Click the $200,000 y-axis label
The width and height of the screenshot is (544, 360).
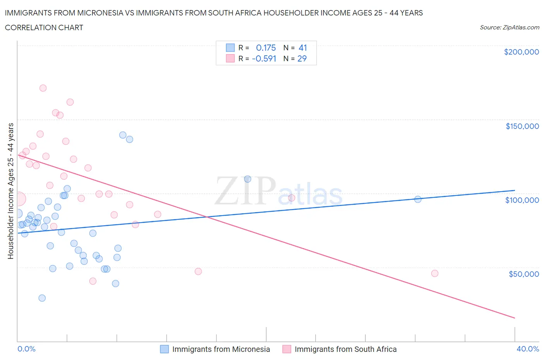[521, 52]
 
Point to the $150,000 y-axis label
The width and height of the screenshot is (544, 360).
[522, 126]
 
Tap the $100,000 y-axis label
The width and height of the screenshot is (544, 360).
[522, 200]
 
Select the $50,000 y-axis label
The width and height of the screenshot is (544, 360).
[523, 274]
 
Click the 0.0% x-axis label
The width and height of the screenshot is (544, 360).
[26, 349]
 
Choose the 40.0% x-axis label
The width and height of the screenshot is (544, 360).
[527, 349]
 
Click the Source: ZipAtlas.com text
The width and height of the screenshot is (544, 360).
[509, 27]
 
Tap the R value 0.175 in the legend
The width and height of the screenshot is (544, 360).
[266, 48]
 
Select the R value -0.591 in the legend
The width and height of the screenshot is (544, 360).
[264, 58]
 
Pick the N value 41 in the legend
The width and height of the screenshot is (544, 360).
[303, 48]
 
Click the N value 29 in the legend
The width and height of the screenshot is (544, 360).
[302, 58]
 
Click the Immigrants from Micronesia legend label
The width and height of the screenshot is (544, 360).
[221, 349]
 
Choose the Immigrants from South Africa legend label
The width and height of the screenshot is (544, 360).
[345, 349]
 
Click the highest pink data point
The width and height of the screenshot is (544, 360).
[43, 88]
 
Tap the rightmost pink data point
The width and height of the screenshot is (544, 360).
[435, 273]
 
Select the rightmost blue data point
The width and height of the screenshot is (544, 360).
[417, 199]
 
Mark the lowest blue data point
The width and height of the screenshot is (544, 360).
[42, 298]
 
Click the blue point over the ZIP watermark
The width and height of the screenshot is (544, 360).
[248, 179]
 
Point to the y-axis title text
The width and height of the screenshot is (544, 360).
[10, 191]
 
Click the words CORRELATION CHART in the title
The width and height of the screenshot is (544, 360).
[44, 27]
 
